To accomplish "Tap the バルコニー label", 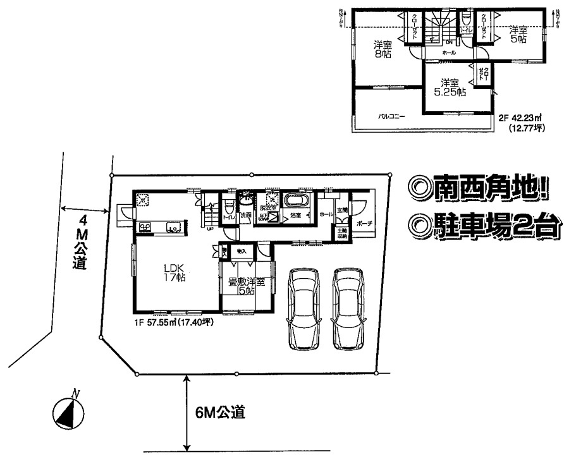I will tap(392, 116).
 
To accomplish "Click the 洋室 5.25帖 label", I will tap(449, 87).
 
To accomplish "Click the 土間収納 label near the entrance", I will tap(341, 234).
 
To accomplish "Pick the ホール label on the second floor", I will tap(450, 52).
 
